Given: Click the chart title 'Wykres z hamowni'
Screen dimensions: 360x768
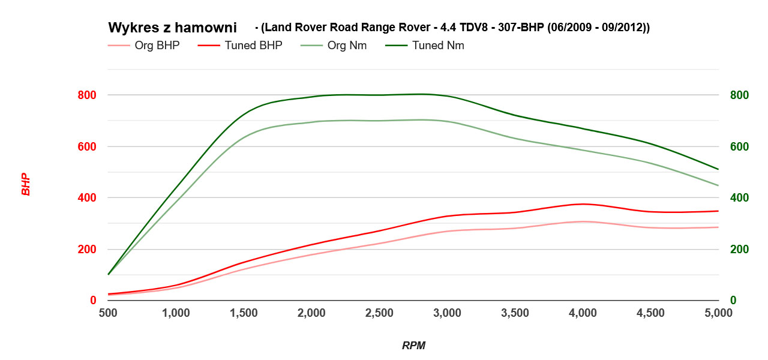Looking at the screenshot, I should point(172,28).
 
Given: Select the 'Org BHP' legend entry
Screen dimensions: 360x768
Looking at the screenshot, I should point(157,46).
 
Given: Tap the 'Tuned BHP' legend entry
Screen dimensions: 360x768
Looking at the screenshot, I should point(253,46).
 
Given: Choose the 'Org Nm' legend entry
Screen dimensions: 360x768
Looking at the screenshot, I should point(347,46).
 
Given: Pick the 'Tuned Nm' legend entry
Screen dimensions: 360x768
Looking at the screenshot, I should point(437,46).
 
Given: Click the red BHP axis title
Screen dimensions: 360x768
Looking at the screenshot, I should point(26,185).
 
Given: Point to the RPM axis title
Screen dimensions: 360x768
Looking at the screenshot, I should point(413,346).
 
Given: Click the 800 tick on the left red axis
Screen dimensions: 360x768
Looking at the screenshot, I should point(87,95).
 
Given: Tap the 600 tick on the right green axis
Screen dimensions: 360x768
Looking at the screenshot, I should point(739,146).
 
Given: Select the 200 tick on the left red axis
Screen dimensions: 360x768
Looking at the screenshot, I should point(87,249).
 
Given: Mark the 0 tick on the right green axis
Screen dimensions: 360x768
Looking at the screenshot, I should point(733,301).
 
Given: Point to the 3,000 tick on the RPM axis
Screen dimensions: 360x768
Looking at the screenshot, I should point(447,313).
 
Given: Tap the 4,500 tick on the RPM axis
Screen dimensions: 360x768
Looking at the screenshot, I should point(650,313).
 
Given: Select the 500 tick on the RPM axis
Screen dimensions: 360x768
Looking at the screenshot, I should point(108,313).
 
